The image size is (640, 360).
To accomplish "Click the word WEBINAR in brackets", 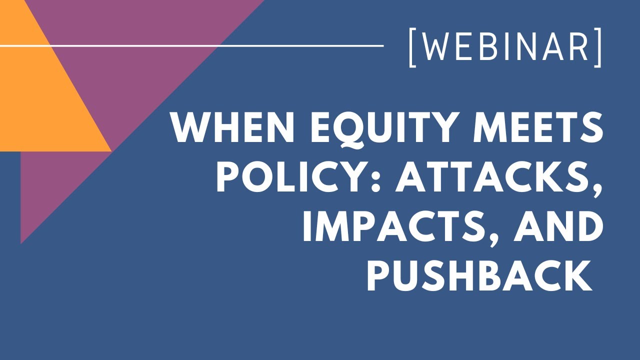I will pos(505,48).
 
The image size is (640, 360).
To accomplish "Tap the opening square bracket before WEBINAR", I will pos(413,48).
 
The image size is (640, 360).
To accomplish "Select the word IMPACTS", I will pos(393,228).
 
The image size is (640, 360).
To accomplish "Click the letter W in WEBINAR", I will pos(433,48).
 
